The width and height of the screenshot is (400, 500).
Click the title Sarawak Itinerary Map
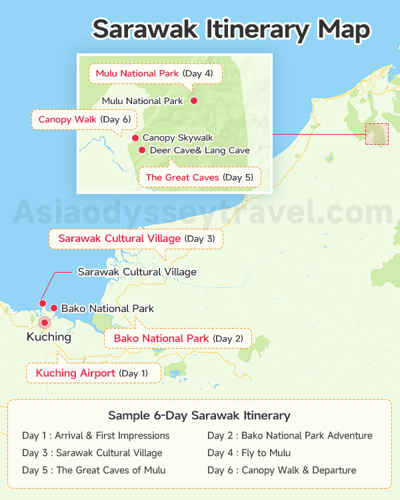point(231,29)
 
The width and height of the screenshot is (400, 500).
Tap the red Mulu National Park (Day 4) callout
point(154,73)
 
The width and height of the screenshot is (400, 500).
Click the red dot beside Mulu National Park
point(194,101)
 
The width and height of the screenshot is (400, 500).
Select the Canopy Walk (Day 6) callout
point(84,120)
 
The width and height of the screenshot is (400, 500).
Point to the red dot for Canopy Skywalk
point(135,138)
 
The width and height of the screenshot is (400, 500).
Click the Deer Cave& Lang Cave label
point(199,151)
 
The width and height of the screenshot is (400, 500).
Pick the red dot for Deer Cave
point(141,151)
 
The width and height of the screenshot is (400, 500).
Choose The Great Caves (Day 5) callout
point(199,177)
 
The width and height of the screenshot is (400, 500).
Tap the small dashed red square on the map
point(377,134)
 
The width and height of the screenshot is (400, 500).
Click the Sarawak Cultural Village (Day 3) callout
point(136,239)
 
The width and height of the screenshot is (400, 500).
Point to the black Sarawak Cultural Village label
point(137,272)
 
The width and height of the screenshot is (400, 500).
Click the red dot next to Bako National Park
point(54,308)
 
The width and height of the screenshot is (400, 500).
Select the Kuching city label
point(49,337)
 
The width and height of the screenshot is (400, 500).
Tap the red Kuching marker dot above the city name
point(45,323)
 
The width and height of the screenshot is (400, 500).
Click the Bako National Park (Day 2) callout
point(178,339)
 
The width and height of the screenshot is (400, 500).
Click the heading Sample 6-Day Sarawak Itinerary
point(199,416)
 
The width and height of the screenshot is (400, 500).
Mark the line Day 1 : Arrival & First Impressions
point(96,436)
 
